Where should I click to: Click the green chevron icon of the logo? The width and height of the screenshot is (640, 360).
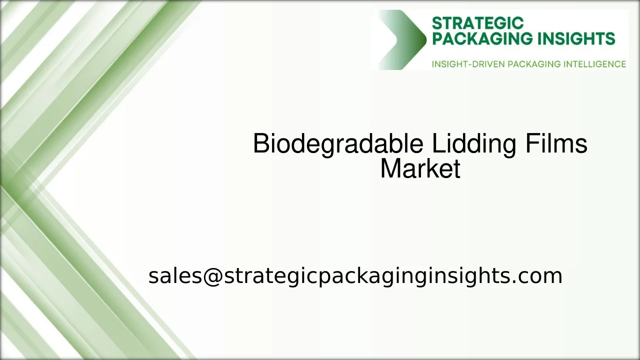tap(402, 39)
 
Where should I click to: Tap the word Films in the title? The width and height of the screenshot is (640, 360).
tap(556, 144)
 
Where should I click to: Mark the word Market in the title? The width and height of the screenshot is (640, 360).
tap(420, 169)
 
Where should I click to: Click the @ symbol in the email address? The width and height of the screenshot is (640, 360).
tap(212, 276)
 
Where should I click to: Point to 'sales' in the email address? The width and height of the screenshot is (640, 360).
tap(174, 276)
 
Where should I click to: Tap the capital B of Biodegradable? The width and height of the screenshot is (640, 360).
tap(261, 144)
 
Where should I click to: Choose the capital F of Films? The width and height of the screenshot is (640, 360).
tap(531, 144)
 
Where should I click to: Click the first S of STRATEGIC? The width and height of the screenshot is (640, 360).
tap(436, 23)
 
